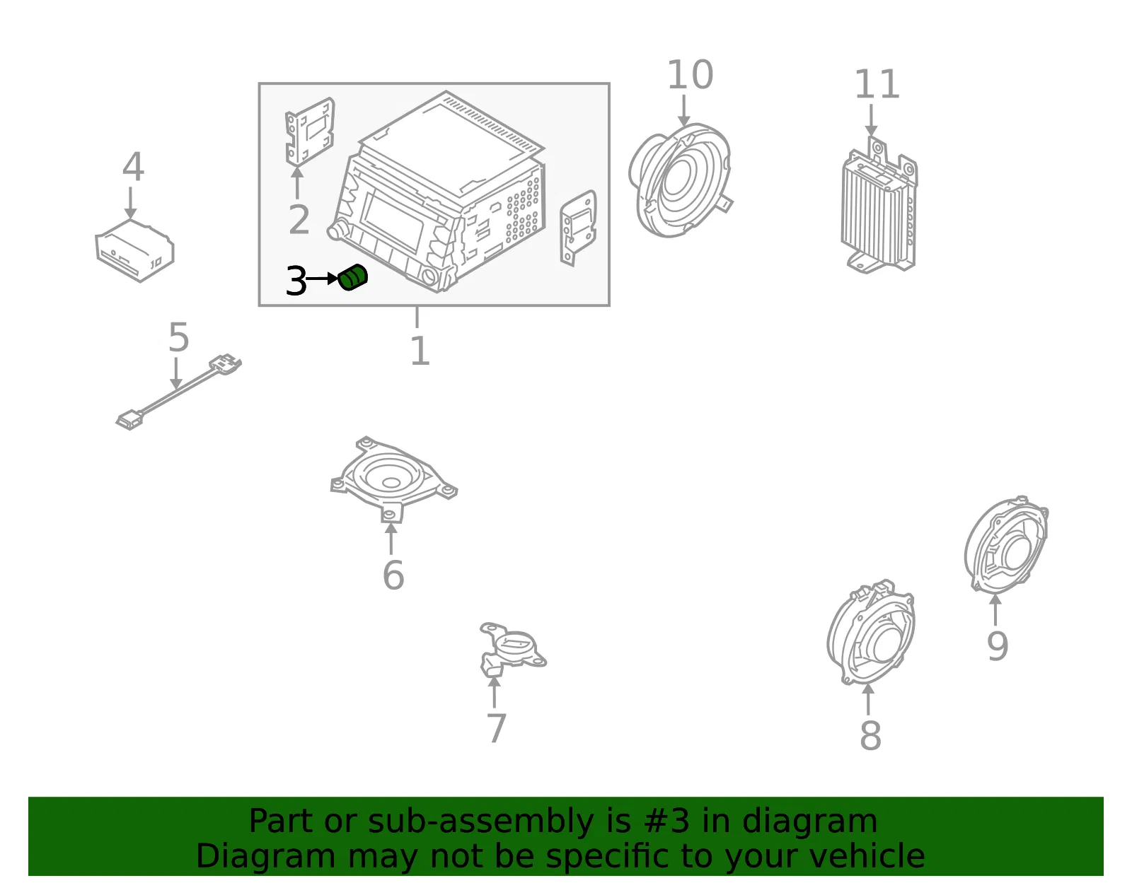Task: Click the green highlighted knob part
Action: click(x=352, y=277)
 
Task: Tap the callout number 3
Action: click(x=296, y=281)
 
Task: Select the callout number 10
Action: click(x=690, y=75)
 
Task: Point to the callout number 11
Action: click(x=877, y=84)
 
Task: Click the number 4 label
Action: click(x=133, y=167)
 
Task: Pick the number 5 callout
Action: click(x=178, y=337)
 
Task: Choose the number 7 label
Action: click(x=496, y=729)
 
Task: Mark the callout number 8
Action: click(x=870, y=736)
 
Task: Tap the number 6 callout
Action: click(x=393, y=575)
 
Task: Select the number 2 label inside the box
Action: click(x=299, y=220)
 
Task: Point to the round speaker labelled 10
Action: click(x=681, y=180)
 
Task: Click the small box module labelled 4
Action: click(x=134, y=250)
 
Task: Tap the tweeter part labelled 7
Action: click(x=512, y=650)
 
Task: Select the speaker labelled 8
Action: click(x=870, y=632)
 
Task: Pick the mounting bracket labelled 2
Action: click(x=309, y=131)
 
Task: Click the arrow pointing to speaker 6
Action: click(x=391, y=539)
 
